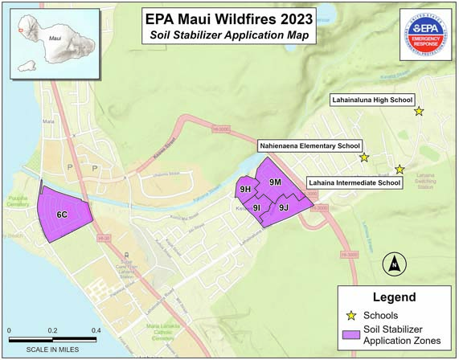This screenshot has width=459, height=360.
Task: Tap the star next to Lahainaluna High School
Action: [x=419, y=111]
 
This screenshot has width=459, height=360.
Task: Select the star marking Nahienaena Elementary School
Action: [x=363, y=157]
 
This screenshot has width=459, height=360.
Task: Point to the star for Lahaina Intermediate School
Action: [x=400, y=169]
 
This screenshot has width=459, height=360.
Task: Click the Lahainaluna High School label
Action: [x=371, y=100]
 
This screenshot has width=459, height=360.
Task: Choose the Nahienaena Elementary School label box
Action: [x=309, y=147]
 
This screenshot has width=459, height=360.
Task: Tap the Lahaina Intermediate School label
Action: [x=354, y=183]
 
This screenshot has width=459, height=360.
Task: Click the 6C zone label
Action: [x=61, y=215]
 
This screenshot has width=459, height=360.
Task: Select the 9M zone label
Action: [x=275, y=182]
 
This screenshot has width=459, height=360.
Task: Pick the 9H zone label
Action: [x=246, y=190]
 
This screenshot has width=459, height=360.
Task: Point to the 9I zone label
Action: [x=256, y=208]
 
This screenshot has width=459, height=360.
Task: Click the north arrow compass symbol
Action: [x=394, y=262]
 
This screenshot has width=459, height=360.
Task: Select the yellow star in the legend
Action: [x=351, y=315]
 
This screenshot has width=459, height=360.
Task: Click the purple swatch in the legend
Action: [x=351, y=335]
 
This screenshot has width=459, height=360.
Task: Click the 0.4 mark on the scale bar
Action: [x=96, y=330]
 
